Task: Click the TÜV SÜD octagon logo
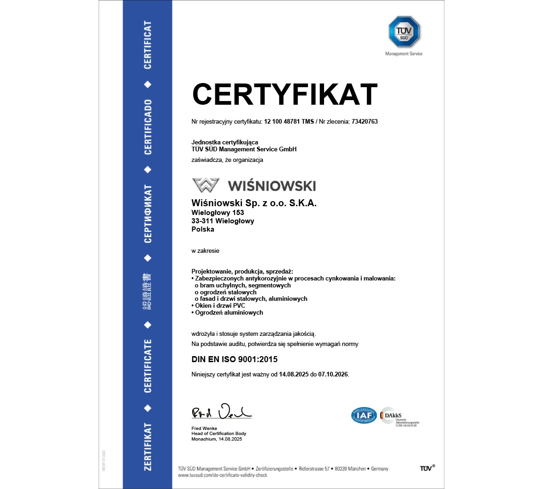point(404,31)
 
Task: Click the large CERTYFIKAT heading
point(284,94)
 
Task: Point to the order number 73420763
point(364,122)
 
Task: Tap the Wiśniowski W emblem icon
point(206,185)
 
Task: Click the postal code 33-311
point(202,221)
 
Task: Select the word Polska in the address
point(203,229)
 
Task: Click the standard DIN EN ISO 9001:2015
point(235,359)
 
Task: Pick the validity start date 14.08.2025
point(294,375)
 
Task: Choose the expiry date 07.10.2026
point(333,375)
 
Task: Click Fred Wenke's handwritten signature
point(221,411)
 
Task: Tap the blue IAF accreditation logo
point(364,416)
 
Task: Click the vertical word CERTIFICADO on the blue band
point(148,127)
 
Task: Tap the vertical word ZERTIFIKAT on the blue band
point(148,447)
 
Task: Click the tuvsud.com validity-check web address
point(223,475)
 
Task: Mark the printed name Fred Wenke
point(204,429)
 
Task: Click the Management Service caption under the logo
point(404,54)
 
